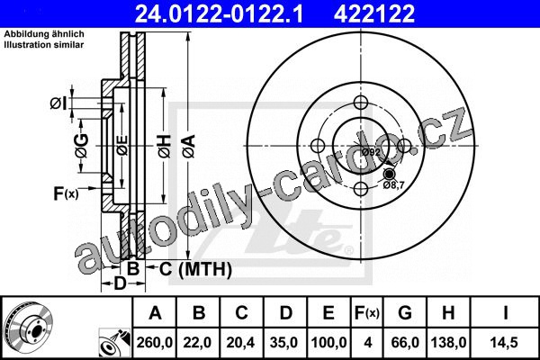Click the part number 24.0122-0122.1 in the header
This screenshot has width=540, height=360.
(x=219, y=13)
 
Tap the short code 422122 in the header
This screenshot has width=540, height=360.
(x=374, y=13)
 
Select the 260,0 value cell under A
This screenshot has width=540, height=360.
(x=154, y=342)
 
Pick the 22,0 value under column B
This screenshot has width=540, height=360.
(x=198, y=342)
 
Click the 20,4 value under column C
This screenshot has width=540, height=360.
(x=240, y=342)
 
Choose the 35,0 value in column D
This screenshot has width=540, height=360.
(x=284, y=342)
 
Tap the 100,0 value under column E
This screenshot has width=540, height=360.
(x=328, y=342)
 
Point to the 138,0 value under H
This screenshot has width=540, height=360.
(x=449, y=342)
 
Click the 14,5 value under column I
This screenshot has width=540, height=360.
(x=505, y=342)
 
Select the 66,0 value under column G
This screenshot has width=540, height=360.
(x=405, y=342)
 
